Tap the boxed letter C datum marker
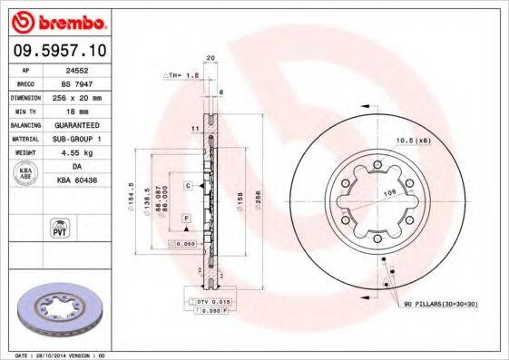(x=188, y=185)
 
